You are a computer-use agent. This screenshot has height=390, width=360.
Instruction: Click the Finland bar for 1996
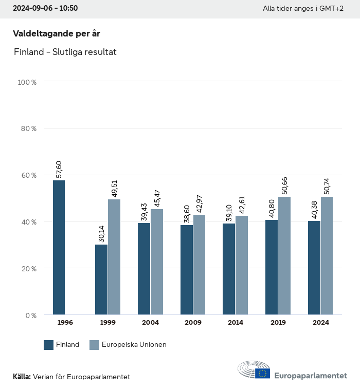point(59,247)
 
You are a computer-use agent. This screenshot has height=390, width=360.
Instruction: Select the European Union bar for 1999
point(114,257)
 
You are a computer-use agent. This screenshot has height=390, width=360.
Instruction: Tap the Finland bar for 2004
point(144,269)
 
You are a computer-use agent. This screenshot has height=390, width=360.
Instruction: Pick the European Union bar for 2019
point(284,255)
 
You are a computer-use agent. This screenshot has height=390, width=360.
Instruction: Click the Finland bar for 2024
point(314,268)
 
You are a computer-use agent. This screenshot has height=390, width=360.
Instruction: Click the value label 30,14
point(101,233)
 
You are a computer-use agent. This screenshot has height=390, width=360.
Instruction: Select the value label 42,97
point(200,203)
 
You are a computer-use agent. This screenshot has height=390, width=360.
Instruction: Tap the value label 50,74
point(327,185)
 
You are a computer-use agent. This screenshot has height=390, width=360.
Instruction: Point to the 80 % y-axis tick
point(29,128)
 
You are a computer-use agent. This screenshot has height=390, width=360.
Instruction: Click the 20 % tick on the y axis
point(29,269)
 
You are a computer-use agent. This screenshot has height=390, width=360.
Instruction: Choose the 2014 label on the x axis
point(236,323)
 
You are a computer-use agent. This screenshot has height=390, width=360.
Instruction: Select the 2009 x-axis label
point(193,323)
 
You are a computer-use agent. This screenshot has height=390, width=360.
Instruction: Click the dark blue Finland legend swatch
point(49,345)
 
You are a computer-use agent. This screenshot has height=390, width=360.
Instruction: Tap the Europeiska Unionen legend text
point(134,345)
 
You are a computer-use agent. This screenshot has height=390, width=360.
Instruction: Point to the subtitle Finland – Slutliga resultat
point(65,52)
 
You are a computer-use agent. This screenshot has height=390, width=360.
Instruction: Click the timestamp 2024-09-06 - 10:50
point(45,9)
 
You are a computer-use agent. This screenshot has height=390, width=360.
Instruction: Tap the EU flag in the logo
point(262,373)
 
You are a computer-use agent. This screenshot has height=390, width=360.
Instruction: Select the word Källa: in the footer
point(22,377)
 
